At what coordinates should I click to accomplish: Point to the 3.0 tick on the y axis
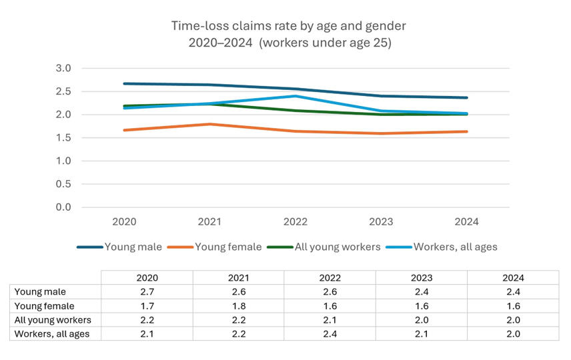(63, 68)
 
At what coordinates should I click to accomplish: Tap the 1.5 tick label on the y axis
(63, 138)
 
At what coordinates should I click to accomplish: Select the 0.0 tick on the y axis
(63, 207)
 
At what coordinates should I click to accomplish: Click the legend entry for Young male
(133, 247)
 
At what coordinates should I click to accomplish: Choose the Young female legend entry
(228, 247)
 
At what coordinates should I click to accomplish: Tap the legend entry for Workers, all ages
(455, 247)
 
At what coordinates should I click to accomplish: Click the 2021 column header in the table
(239, 278)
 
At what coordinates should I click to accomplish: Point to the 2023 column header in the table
(422, 278)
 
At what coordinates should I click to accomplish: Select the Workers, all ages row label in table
(52, 334)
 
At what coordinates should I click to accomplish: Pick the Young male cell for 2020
(147, 292)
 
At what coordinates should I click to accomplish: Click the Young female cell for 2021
(239, 306)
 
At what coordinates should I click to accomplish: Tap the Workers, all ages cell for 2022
(330, 334)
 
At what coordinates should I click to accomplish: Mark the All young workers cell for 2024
(513, 320)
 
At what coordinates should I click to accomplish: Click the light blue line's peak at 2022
(295, 96)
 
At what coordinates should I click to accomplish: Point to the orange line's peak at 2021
(209, 124)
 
